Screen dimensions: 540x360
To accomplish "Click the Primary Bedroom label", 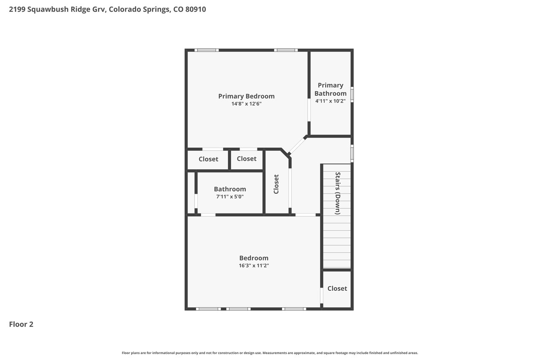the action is (x=246, y=96).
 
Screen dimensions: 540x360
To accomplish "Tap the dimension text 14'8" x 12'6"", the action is (x=246, y=104).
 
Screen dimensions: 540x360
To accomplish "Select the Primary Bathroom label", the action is (x=330, y=89).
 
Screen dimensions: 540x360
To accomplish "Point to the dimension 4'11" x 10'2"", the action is (x=330, y=101).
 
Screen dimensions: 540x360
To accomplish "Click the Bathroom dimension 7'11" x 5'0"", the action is (x=230, y=197).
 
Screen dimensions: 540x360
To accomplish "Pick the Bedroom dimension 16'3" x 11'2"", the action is (x=254, y=265).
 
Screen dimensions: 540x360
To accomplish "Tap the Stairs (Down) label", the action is (x=338, y=193).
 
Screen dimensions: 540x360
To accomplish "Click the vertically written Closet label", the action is (x=276, y=184).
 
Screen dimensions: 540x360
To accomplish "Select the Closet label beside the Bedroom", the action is (x=337, y=288).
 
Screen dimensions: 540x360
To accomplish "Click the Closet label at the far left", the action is (x=208, y=159).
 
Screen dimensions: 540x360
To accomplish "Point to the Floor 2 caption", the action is (x=21, y=324).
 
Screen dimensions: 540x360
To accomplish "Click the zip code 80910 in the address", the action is (x=195, y=9).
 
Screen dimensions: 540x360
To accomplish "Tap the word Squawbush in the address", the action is (x=48, y=9).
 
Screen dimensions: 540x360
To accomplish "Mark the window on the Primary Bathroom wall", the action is (x=352, y=94).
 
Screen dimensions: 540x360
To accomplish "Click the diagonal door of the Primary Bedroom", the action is (x=297, y=146).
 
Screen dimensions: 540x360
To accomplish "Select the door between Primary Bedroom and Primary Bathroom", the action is (x=309, y=110).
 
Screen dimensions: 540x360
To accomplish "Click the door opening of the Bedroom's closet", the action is (x=321, y=295).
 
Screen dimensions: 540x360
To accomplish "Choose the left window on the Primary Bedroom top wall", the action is (x=207, y=50).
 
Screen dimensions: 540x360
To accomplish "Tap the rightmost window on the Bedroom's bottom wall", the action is (x=294, y=309).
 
